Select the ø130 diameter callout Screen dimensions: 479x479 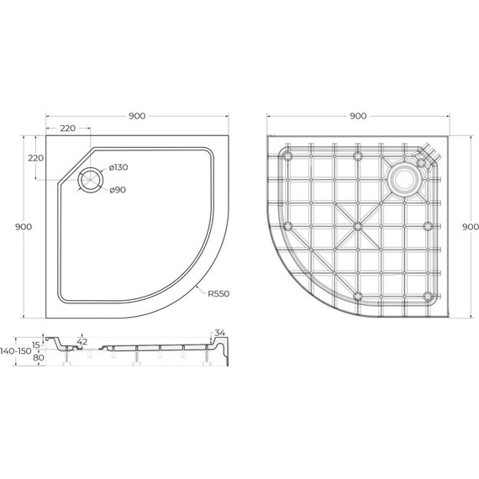click(118, 169)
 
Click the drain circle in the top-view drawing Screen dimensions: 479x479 click(88, 178)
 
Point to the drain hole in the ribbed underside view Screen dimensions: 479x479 click(405, 177)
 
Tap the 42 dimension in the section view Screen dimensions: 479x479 click(82, 341)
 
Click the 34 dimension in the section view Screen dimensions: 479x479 click(221, 333)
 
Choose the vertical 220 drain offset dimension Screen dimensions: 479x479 click(35, 158)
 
